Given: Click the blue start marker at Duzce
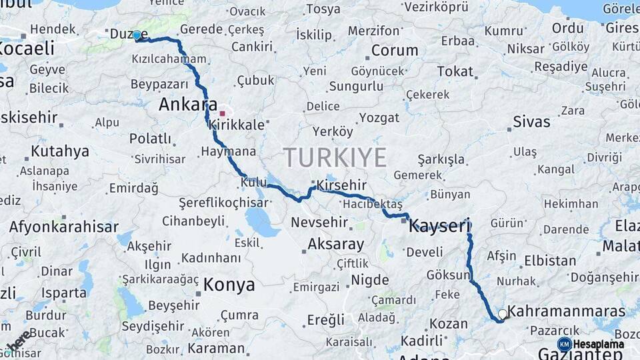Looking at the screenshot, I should click(137, 35).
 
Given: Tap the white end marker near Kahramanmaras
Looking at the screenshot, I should click(503, 313).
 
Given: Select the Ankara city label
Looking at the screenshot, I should click(188, 105).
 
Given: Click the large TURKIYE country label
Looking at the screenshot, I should click(335, 158).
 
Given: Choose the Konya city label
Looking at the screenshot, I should click(229, 285).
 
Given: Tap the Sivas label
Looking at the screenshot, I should click(532, 121).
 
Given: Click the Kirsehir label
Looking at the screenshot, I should click(343, 184).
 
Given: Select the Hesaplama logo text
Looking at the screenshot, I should click(598, 344).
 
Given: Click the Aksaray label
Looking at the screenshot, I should click(336, 244).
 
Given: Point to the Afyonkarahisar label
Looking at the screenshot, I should click(64, 226).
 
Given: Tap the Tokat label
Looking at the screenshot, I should click(455, 71).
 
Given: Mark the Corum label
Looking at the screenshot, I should click(394, 51).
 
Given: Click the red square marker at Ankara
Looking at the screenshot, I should click(223, 113).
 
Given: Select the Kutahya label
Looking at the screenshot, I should click(60, 151).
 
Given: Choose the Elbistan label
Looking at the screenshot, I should click(550, 261).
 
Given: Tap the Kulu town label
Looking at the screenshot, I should click(253, 182).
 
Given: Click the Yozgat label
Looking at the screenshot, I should click(379, 118).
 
